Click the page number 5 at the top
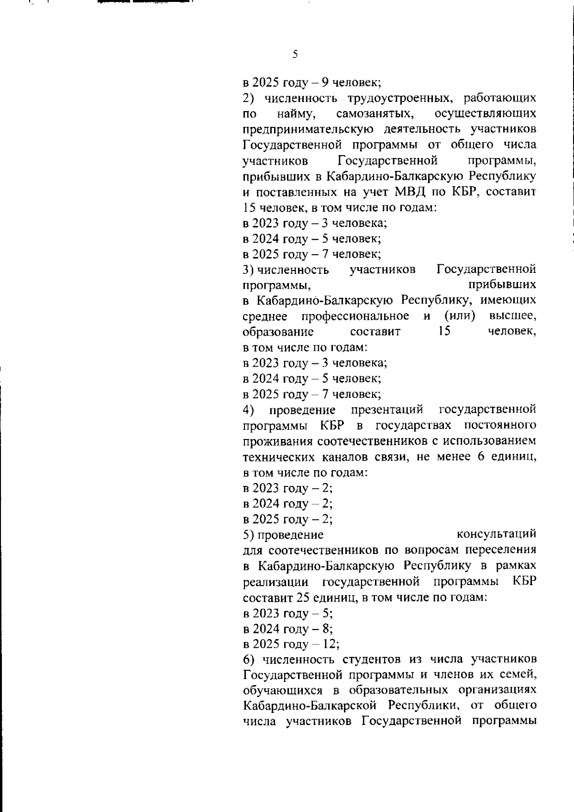(295, 55)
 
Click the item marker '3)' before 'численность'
(248, 270)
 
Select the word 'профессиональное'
(355, 316)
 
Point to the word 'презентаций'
(387, 410)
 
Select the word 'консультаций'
(497, 534)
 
